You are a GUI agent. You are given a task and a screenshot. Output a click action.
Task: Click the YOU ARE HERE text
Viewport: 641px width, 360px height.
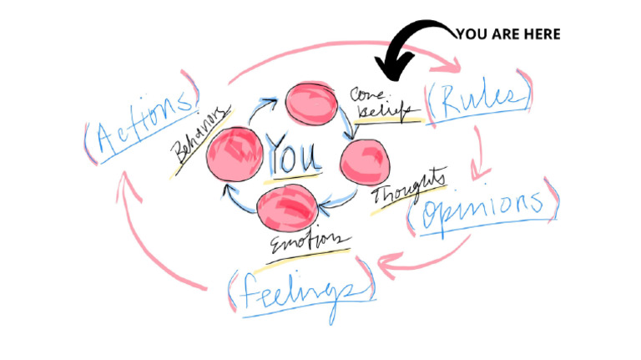coord(507,34)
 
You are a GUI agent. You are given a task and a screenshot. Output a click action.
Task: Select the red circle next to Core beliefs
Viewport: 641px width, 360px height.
coord(310,103)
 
